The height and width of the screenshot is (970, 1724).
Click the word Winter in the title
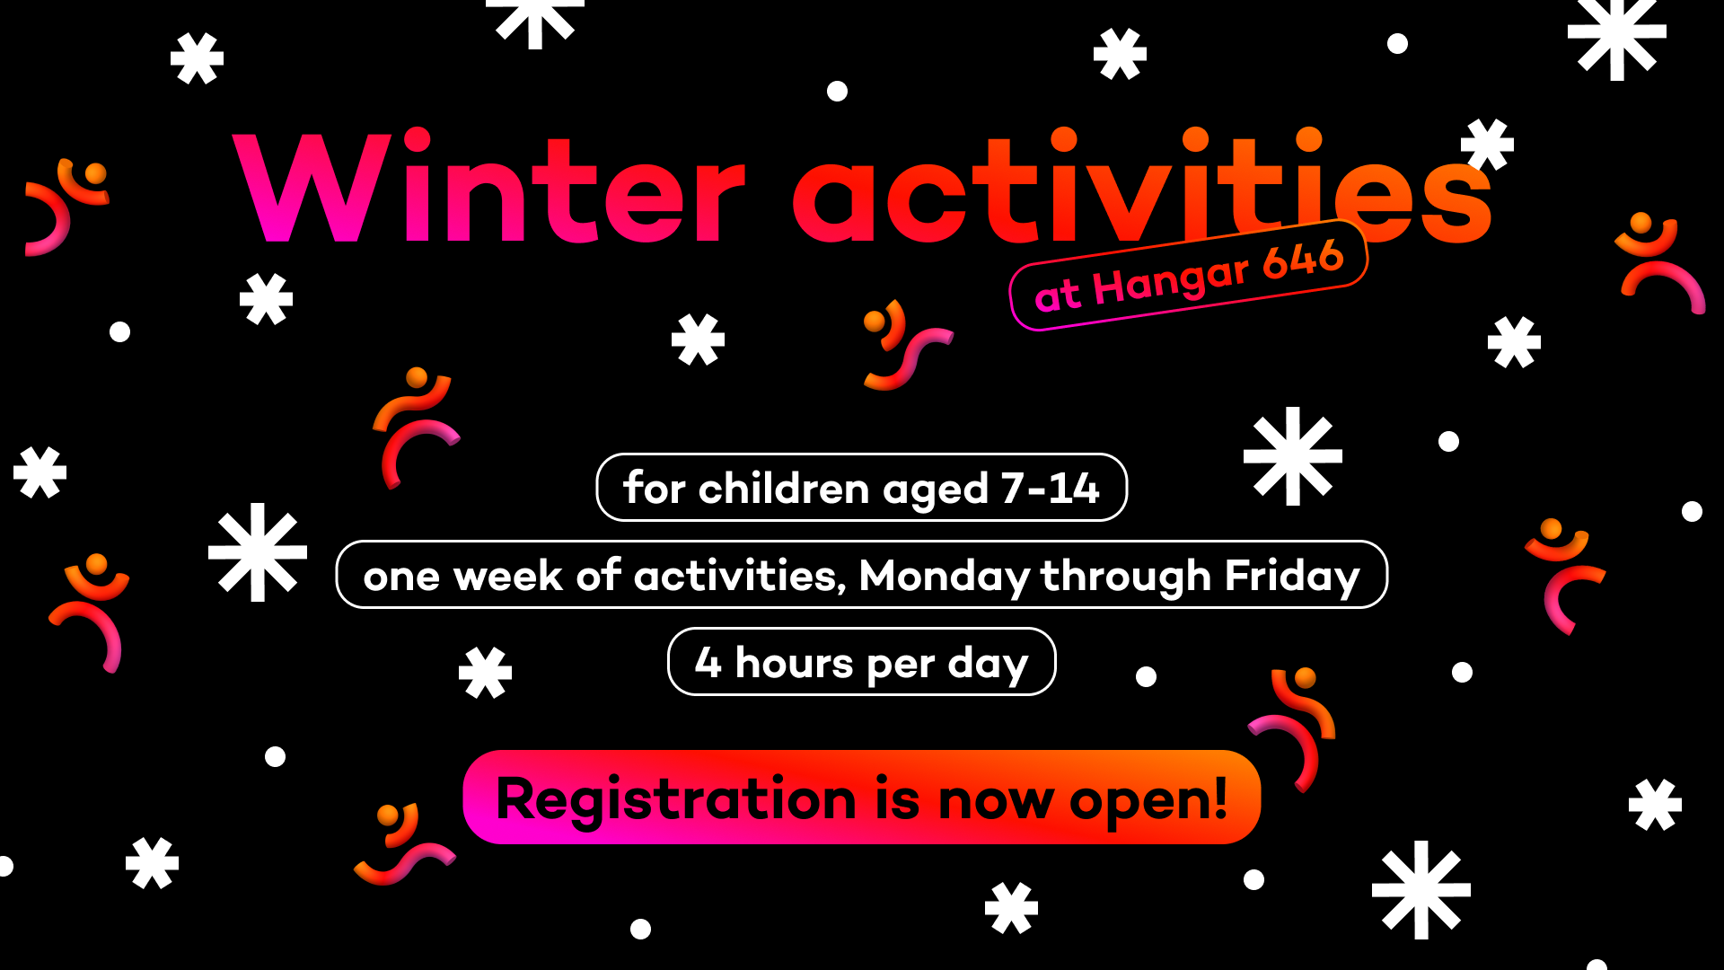(x=489, y=187)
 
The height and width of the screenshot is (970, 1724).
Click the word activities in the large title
(x=1142, y=187)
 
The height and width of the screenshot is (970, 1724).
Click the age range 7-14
(x=1051, y=488)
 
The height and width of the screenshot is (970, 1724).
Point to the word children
(x=785, y=488)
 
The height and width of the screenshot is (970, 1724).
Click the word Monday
(x=945, y=576)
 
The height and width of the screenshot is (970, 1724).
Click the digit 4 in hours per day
(x=708, y=662)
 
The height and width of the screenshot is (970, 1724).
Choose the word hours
(x=795, y=662)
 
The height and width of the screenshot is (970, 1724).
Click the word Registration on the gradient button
(x=676, y=798)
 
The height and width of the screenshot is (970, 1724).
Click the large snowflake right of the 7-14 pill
(x=1293, y=456)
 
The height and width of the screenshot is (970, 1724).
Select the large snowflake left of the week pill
(x=258, y=552)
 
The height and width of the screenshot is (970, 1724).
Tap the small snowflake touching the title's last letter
(x=1487, y=145)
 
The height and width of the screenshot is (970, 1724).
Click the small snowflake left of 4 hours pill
(x=485, y=673)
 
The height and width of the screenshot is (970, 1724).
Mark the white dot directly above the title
(x=837, y=91)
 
